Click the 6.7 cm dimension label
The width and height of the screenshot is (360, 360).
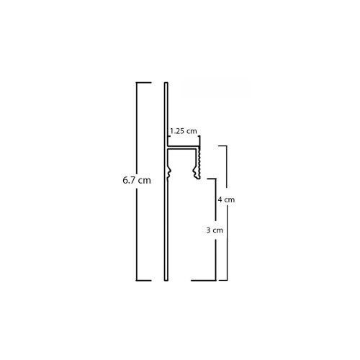[x=137, y=180]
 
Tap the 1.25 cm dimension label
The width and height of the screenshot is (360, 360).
[x=184, y=131]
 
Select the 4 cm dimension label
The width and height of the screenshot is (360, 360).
[x=226, y=199]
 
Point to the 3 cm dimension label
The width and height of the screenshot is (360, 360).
[x=215, y=230]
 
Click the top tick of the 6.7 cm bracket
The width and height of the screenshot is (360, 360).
[x=144, y=83]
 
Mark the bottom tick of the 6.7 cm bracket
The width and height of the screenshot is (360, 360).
[x=144, y=280]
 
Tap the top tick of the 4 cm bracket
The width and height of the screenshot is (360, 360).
[x=222, y=146]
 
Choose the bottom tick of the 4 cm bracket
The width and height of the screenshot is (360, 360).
[x=223, y=280]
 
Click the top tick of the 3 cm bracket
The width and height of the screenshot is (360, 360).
[x=212, y=179]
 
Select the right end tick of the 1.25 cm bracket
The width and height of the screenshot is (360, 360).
[x=199, y=139]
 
